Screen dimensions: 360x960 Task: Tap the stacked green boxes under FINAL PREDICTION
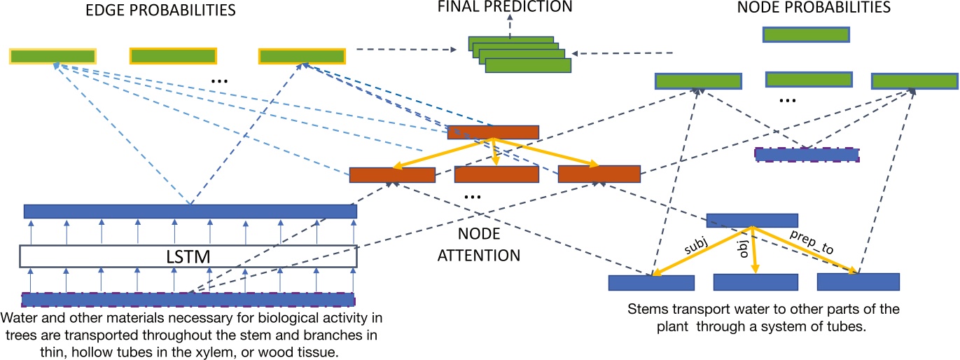(519, 55)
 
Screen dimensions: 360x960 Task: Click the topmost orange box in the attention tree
(493, 132)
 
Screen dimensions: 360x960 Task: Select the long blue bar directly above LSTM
(190, 211)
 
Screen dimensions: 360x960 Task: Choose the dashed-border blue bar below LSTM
(188, 300)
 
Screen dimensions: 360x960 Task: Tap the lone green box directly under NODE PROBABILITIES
(806, 34)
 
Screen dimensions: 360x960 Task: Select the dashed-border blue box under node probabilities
(806, 155)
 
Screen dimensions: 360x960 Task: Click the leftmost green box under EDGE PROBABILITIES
(53, 56)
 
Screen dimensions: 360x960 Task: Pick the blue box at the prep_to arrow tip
(858, 282)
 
